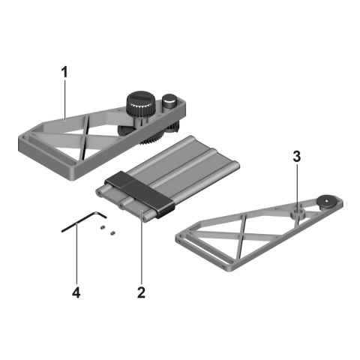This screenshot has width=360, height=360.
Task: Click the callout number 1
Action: [64, 73]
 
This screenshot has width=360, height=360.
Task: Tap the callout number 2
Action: [141, 292]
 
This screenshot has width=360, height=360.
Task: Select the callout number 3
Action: [297, 157]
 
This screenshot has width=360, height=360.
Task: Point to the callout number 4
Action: [76, 292]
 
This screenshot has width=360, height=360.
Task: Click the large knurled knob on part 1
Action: [140, 105]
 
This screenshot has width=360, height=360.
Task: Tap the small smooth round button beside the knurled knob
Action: [169, 100]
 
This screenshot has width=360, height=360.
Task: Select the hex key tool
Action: [84, 221]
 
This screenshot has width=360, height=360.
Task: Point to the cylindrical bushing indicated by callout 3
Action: [298, 214]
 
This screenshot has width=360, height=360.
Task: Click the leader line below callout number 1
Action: [65, 100]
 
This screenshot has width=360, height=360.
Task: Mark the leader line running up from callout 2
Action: [142, 248]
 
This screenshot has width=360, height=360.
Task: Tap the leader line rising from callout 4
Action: [76, 255]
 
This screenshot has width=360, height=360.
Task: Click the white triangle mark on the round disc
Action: [327, 199]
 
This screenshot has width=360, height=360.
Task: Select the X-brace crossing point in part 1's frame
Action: [84, 136]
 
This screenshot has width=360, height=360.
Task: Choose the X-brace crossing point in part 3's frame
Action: [242, 235]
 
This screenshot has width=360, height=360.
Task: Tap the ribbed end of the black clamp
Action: [165, 213]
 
